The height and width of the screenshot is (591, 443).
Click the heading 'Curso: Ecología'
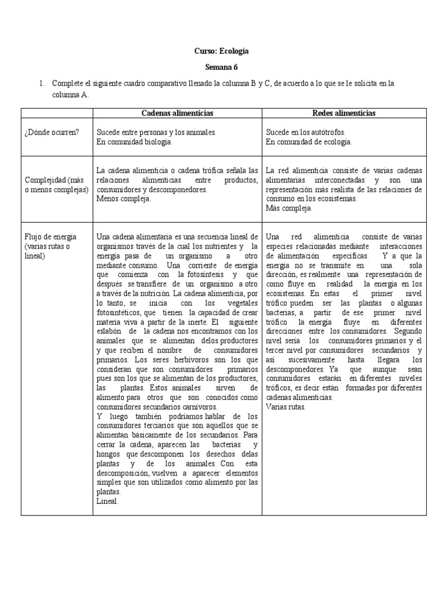point(221,51)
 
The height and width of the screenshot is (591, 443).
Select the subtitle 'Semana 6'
point(221,68)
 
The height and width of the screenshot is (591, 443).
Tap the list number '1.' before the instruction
point(42,84)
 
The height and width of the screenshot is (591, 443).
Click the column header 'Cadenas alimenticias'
point(177,113)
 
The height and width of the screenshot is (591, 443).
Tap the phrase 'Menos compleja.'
point(123,199)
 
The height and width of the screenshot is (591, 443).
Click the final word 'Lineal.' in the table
point(107,502)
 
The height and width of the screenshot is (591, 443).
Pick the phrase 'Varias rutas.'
point(286,407)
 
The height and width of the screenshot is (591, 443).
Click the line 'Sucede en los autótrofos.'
point(305,132)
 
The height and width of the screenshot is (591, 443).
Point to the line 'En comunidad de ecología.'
point(309,141)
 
